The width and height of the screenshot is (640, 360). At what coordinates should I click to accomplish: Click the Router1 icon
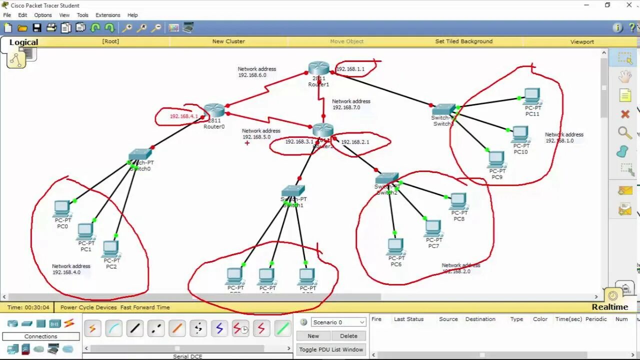[318, 68]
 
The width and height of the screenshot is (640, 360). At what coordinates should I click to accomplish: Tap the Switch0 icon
[140, 155]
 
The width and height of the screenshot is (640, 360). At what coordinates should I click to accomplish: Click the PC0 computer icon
[62, 208]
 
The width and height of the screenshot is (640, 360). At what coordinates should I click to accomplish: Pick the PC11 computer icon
[532, 95]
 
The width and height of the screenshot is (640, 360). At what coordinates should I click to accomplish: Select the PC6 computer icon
[395, 246]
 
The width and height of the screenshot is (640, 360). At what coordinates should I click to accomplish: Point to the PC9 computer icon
[496, 159]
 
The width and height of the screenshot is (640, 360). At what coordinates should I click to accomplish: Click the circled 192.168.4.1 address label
[183, 116]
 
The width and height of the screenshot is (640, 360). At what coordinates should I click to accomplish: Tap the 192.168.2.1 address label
[355, 142]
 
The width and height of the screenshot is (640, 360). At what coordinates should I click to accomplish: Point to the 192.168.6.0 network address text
[252, 75]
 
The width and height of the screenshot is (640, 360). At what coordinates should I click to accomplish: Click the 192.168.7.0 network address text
[346, 107]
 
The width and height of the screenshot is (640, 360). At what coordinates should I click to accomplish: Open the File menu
[7, 15]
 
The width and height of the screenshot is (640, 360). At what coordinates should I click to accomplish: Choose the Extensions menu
[108, 15]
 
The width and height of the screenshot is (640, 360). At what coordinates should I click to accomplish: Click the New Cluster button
[228, 41]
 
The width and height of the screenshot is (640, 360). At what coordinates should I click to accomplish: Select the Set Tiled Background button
[463, 41]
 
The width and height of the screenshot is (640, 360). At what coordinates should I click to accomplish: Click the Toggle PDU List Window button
[331, 349]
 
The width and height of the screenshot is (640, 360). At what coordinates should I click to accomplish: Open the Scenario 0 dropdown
[338, 322]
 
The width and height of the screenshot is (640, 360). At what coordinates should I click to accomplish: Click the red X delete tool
[625, 114]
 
